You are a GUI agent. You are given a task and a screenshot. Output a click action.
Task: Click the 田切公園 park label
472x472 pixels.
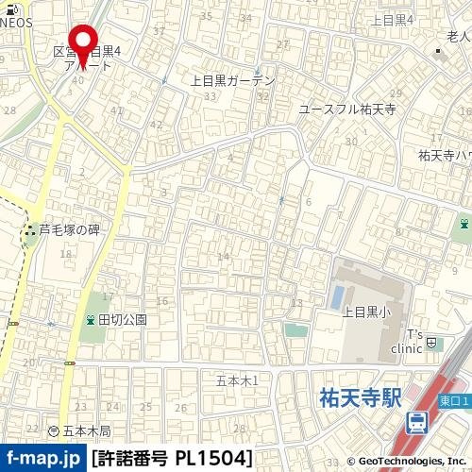coord(123,319)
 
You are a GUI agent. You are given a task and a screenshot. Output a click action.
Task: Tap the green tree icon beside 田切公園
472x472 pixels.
coord(90,319)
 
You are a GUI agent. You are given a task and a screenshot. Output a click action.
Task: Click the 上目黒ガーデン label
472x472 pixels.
coord(232,81)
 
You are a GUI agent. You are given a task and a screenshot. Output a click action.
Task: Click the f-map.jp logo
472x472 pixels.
coord(42,459)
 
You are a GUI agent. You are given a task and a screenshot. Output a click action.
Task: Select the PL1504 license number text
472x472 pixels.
coord(212,459)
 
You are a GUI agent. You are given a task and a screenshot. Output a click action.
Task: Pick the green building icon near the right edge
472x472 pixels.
coord(464,224)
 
